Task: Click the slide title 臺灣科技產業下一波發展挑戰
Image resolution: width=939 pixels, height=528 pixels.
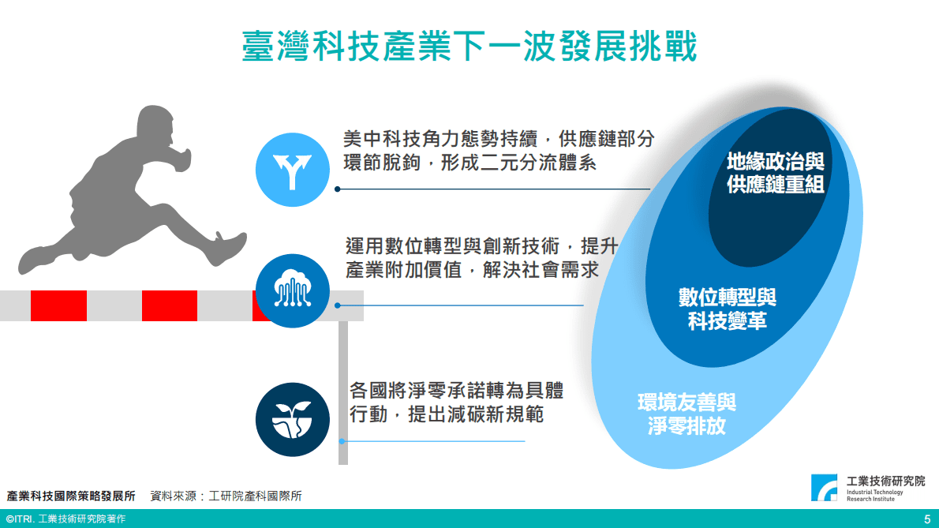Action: coord(469,46)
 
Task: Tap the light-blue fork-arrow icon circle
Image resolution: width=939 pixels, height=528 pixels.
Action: coord(292,170)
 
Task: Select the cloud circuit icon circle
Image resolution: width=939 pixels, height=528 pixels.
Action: coord(292,291)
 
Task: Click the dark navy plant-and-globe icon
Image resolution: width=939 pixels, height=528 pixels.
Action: coord(292,419)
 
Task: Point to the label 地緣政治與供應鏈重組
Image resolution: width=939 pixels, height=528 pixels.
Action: coord(776,174)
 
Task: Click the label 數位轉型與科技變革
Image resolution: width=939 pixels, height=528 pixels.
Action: coord(728,309)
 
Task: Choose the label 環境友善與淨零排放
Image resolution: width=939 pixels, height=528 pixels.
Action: coord(686,414)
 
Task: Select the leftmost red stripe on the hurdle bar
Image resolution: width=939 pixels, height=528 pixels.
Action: coord(58,305)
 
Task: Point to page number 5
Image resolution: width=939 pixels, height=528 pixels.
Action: coord(927,519)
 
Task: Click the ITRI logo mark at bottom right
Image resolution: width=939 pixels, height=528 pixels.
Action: coord(825,488)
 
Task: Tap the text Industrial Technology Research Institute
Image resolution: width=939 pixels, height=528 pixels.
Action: coord(874,496)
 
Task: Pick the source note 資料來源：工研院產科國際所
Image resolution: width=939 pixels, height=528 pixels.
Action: coord(226,496)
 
